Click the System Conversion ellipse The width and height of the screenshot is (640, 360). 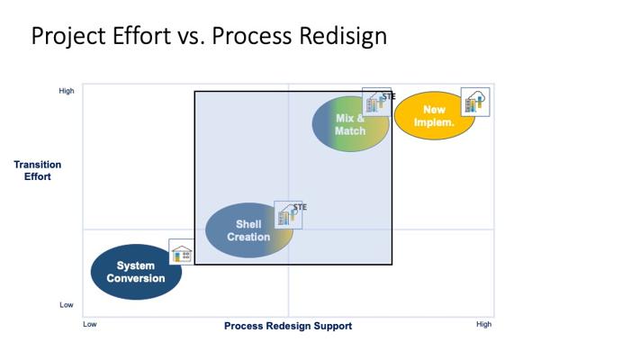pyautogui.click(x=136, y=272)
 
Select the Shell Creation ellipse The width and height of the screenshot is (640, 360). pyautogui.click(x=248, y=230)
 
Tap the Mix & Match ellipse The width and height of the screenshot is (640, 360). pyautogui.click(x=350, y=124)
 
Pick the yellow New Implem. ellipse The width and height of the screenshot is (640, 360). pyautogui.click(x=434, y=116)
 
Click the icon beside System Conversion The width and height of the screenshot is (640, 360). pyautogui.click(x=182, y=253)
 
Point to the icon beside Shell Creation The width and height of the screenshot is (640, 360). pyautogui.click(x=286, y=215)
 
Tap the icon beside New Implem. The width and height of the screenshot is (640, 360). pyautogui.click(x=474, y=102)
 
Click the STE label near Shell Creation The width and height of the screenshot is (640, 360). pyautogui.click(x=300, y=207)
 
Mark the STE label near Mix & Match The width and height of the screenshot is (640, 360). pyautogui.click(x=388, y=95)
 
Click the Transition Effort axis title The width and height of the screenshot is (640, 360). pyautogui.click(x=38, y=171)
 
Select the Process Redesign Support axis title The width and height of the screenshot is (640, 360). pyautogui.click(x=288, y=326)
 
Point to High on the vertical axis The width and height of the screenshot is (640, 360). pyautogui.click(x=67, y=91)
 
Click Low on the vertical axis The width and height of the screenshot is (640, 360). pyautogui.click(x=67, y=305)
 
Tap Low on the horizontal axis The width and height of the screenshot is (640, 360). pyautogui.click(x=90, y=324)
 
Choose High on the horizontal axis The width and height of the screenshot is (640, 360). pyautogui.click(x=484, y=324)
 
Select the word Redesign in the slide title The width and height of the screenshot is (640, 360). pyautogui.click(x=333, y=37)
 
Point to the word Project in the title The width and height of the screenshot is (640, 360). pyautogui.click(x=64, y=37)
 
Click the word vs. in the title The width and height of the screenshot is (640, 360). pyautogui.click(x=191, y=37)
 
